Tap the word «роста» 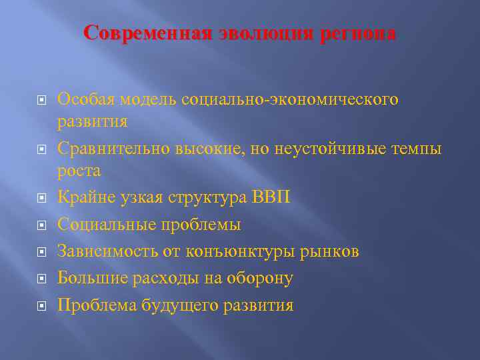click(x=79, y=171)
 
